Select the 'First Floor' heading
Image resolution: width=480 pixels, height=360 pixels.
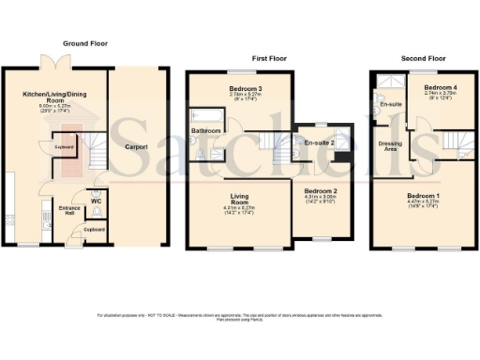(268, 58)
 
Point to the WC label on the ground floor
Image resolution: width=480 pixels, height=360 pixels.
(97, 198)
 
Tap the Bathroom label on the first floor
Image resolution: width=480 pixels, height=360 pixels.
(205, 130)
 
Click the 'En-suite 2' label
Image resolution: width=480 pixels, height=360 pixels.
(320, 142)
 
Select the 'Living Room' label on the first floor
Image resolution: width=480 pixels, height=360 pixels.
(233, 198)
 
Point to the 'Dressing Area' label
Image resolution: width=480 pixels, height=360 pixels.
(390, 146)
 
